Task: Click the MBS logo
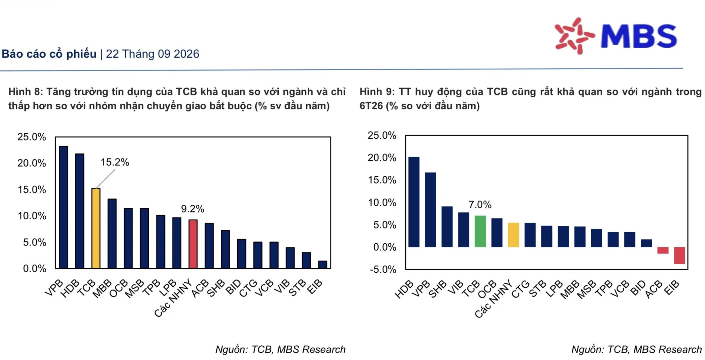(x=616, y=36)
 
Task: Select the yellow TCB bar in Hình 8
(x=96, y=228)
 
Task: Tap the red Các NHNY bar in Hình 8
(x=193, y=244)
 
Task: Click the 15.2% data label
(x=115, y=162)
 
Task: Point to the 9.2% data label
(x=192, y=209)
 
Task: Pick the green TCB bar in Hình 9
(x=480, y=231)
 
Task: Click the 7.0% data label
(x=480, y=204)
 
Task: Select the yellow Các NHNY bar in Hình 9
(x=513, y=235)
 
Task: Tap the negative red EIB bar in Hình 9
(x=679, y=255)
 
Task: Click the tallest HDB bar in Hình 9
(x=414, y=202)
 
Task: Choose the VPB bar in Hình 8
(x=64, y=207)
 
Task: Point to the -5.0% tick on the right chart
(x=383, y=270)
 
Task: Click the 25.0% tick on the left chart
(x=32, y=137)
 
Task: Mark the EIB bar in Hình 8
(x=322, y=265)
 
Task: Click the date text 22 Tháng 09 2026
(x=152, y=54)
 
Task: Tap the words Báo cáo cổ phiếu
(x=49, y=54)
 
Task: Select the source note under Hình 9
(x=636, y=349)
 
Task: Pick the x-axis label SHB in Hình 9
(x=437, y=289)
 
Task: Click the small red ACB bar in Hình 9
(x=663, y=250)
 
